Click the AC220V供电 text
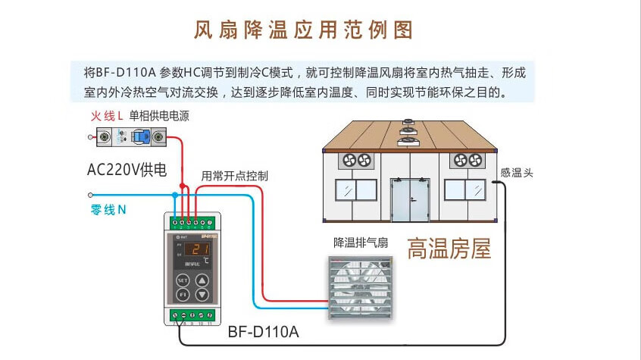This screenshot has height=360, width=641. (x=126, y=170)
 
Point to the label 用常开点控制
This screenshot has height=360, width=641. (x=234, y=175)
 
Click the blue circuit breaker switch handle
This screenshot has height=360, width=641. (x=141, y=138)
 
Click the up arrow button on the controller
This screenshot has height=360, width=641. (x=202, y=279)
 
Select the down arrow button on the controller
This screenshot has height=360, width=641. (x=202, y=294)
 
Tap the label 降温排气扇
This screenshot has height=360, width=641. (x=361, y=243)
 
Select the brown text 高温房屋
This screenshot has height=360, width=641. (x=449, y=249)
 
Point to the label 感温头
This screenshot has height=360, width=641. (x=517, y=173)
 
